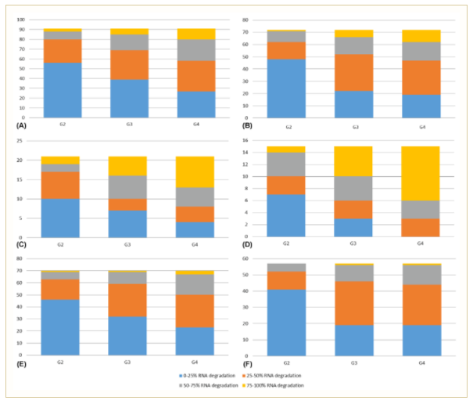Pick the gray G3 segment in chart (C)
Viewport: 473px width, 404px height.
coord(128,186)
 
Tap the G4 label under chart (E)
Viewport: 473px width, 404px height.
coord(194,363)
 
